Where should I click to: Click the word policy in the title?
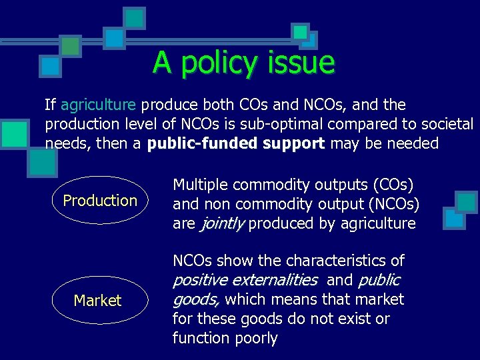(x=219, y=64)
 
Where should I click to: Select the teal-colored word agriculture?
(x=99, y=105)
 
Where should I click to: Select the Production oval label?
(x=100, y=201)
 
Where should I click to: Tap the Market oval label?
(x=98, y=301)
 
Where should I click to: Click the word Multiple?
(x=198, y=185)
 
